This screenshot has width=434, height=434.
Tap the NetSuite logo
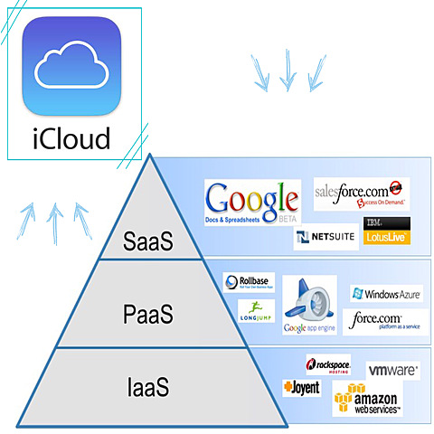coord(325,238)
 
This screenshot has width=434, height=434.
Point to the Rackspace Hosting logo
coord(328,364)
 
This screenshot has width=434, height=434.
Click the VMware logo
coord(392,371)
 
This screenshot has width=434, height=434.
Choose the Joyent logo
coord(302,387)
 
